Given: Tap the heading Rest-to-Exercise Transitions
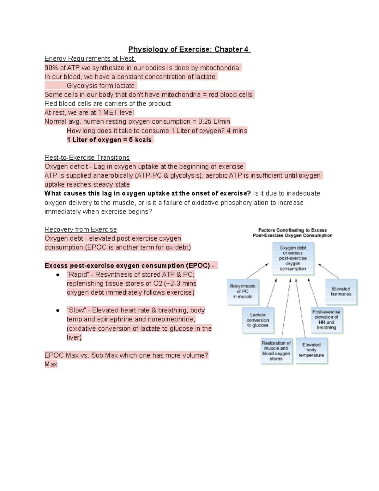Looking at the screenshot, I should point(87,157).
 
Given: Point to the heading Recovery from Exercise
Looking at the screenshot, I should point(81,229).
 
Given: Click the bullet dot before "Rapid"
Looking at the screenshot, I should point(58,275).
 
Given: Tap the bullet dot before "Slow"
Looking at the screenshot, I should point(58,310).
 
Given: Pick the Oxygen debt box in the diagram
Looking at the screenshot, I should point(293,258).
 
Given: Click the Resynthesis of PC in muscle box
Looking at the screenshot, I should point(243,292).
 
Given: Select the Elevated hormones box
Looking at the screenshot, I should point(341,292).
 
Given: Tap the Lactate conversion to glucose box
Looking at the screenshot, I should point(258,320).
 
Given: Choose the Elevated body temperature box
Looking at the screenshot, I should point(311,350).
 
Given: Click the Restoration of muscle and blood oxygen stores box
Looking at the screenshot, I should point(276,351).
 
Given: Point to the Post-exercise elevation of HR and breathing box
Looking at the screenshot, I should point(326,320).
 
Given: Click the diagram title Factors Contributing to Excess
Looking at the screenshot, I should point(292,230).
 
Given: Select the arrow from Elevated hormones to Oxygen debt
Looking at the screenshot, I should point(328,271).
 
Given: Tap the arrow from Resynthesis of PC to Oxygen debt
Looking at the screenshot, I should point(257,271).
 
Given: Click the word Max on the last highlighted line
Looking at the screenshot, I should point(51,364).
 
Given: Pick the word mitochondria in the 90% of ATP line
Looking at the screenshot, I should point(219,68).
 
